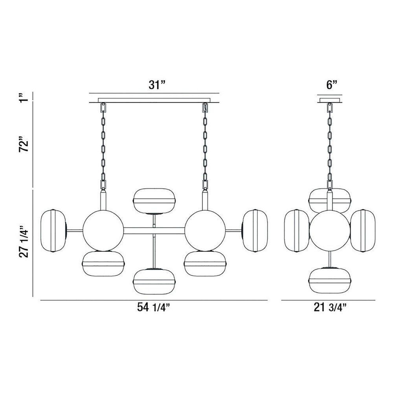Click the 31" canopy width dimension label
tap(157, 85)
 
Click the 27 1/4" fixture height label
tap(24, 242)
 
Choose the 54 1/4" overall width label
tap(154, 307)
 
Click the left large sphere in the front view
tap(103, 231)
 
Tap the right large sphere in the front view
tap(205, 231)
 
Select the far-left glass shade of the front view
tap(53, 231)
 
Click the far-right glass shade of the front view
tap(255, 231)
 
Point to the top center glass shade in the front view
tap(154, 201)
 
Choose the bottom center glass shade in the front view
tap(154, 281)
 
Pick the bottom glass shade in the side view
tap(330, 281)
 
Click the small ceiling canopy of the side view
tap(330, 100)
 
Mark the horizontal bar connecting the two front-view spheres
tap(154, 231)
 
